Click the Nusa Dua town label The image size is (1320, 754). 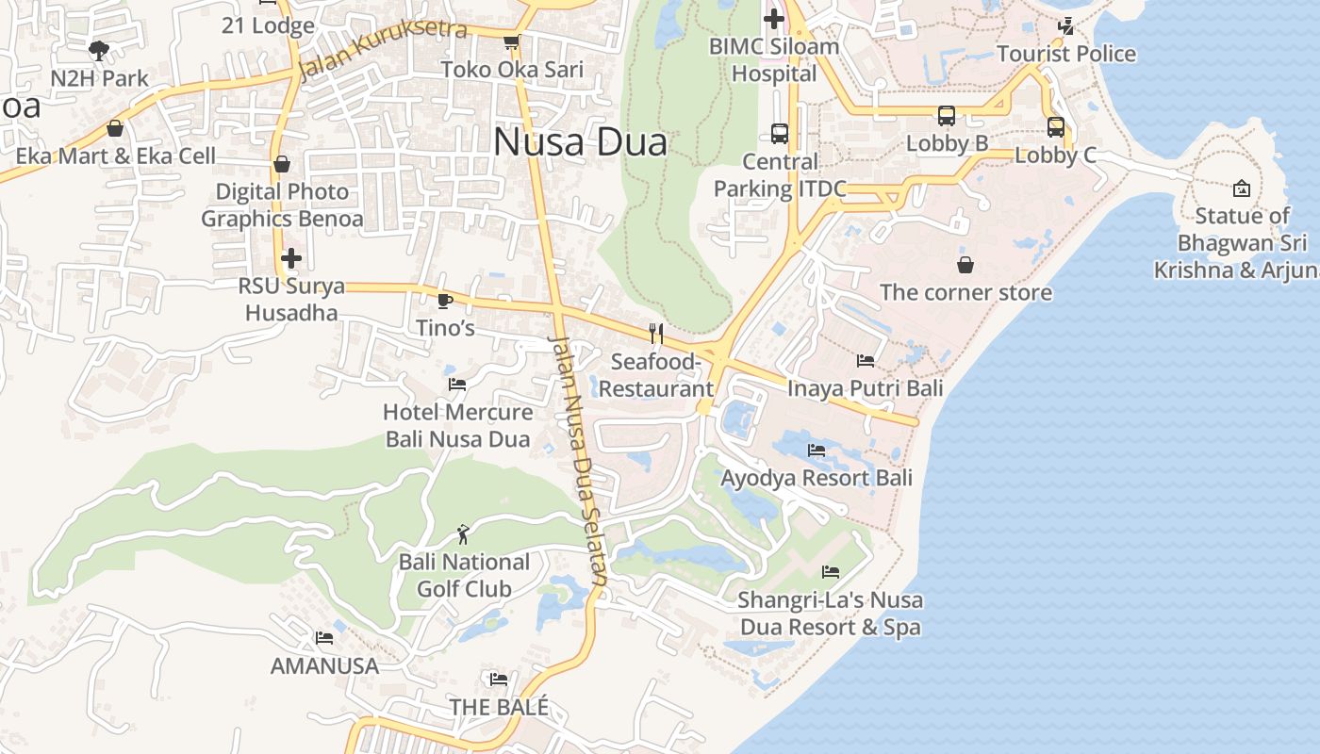click(x=580, y=142)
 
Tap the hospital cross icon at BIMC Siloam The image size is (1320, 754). click(x=774, y=18)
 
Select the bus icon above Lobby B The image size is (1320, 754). click(x=947, y=117)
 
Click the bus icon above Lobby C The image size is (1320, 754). click(x=1056, y=127)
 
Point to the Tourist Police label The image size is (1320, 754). click(x=1066, y=54)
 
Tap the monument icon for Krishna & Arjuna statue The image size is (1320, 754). click(x=1242, y=188)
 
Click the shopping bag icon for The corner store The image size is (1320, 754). click(x=965, y=265)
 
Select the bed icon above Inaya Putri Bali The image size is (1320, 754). click(x=865, y=360)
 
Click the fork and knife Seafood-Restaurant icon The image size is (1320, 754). click(x=656, y=334)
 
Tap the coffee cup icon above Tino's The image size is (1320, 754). click(x=445, y=301)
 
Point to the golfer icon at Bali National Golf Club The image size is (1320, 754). click(x=462, y=535)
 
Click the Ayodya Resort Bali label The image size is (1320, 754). click(x=817, y=478)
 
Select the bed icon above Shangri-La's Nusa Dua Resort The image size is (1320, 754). click(x=830, y=572)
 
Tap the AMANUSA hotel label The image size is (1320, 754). click(x=324, y=665)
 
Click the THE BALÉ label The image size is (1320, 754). click(x=499, y=707)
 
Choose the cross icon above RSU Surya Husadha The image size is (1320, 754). click(x=291, y=257)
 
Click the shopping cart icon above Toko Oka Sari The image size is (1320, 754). click(x=511, y=42)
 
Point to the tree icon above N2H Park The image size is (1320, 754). click(x=98, y=50)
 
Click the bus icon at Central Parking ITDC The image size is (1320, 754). click(x=779, y=134)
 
